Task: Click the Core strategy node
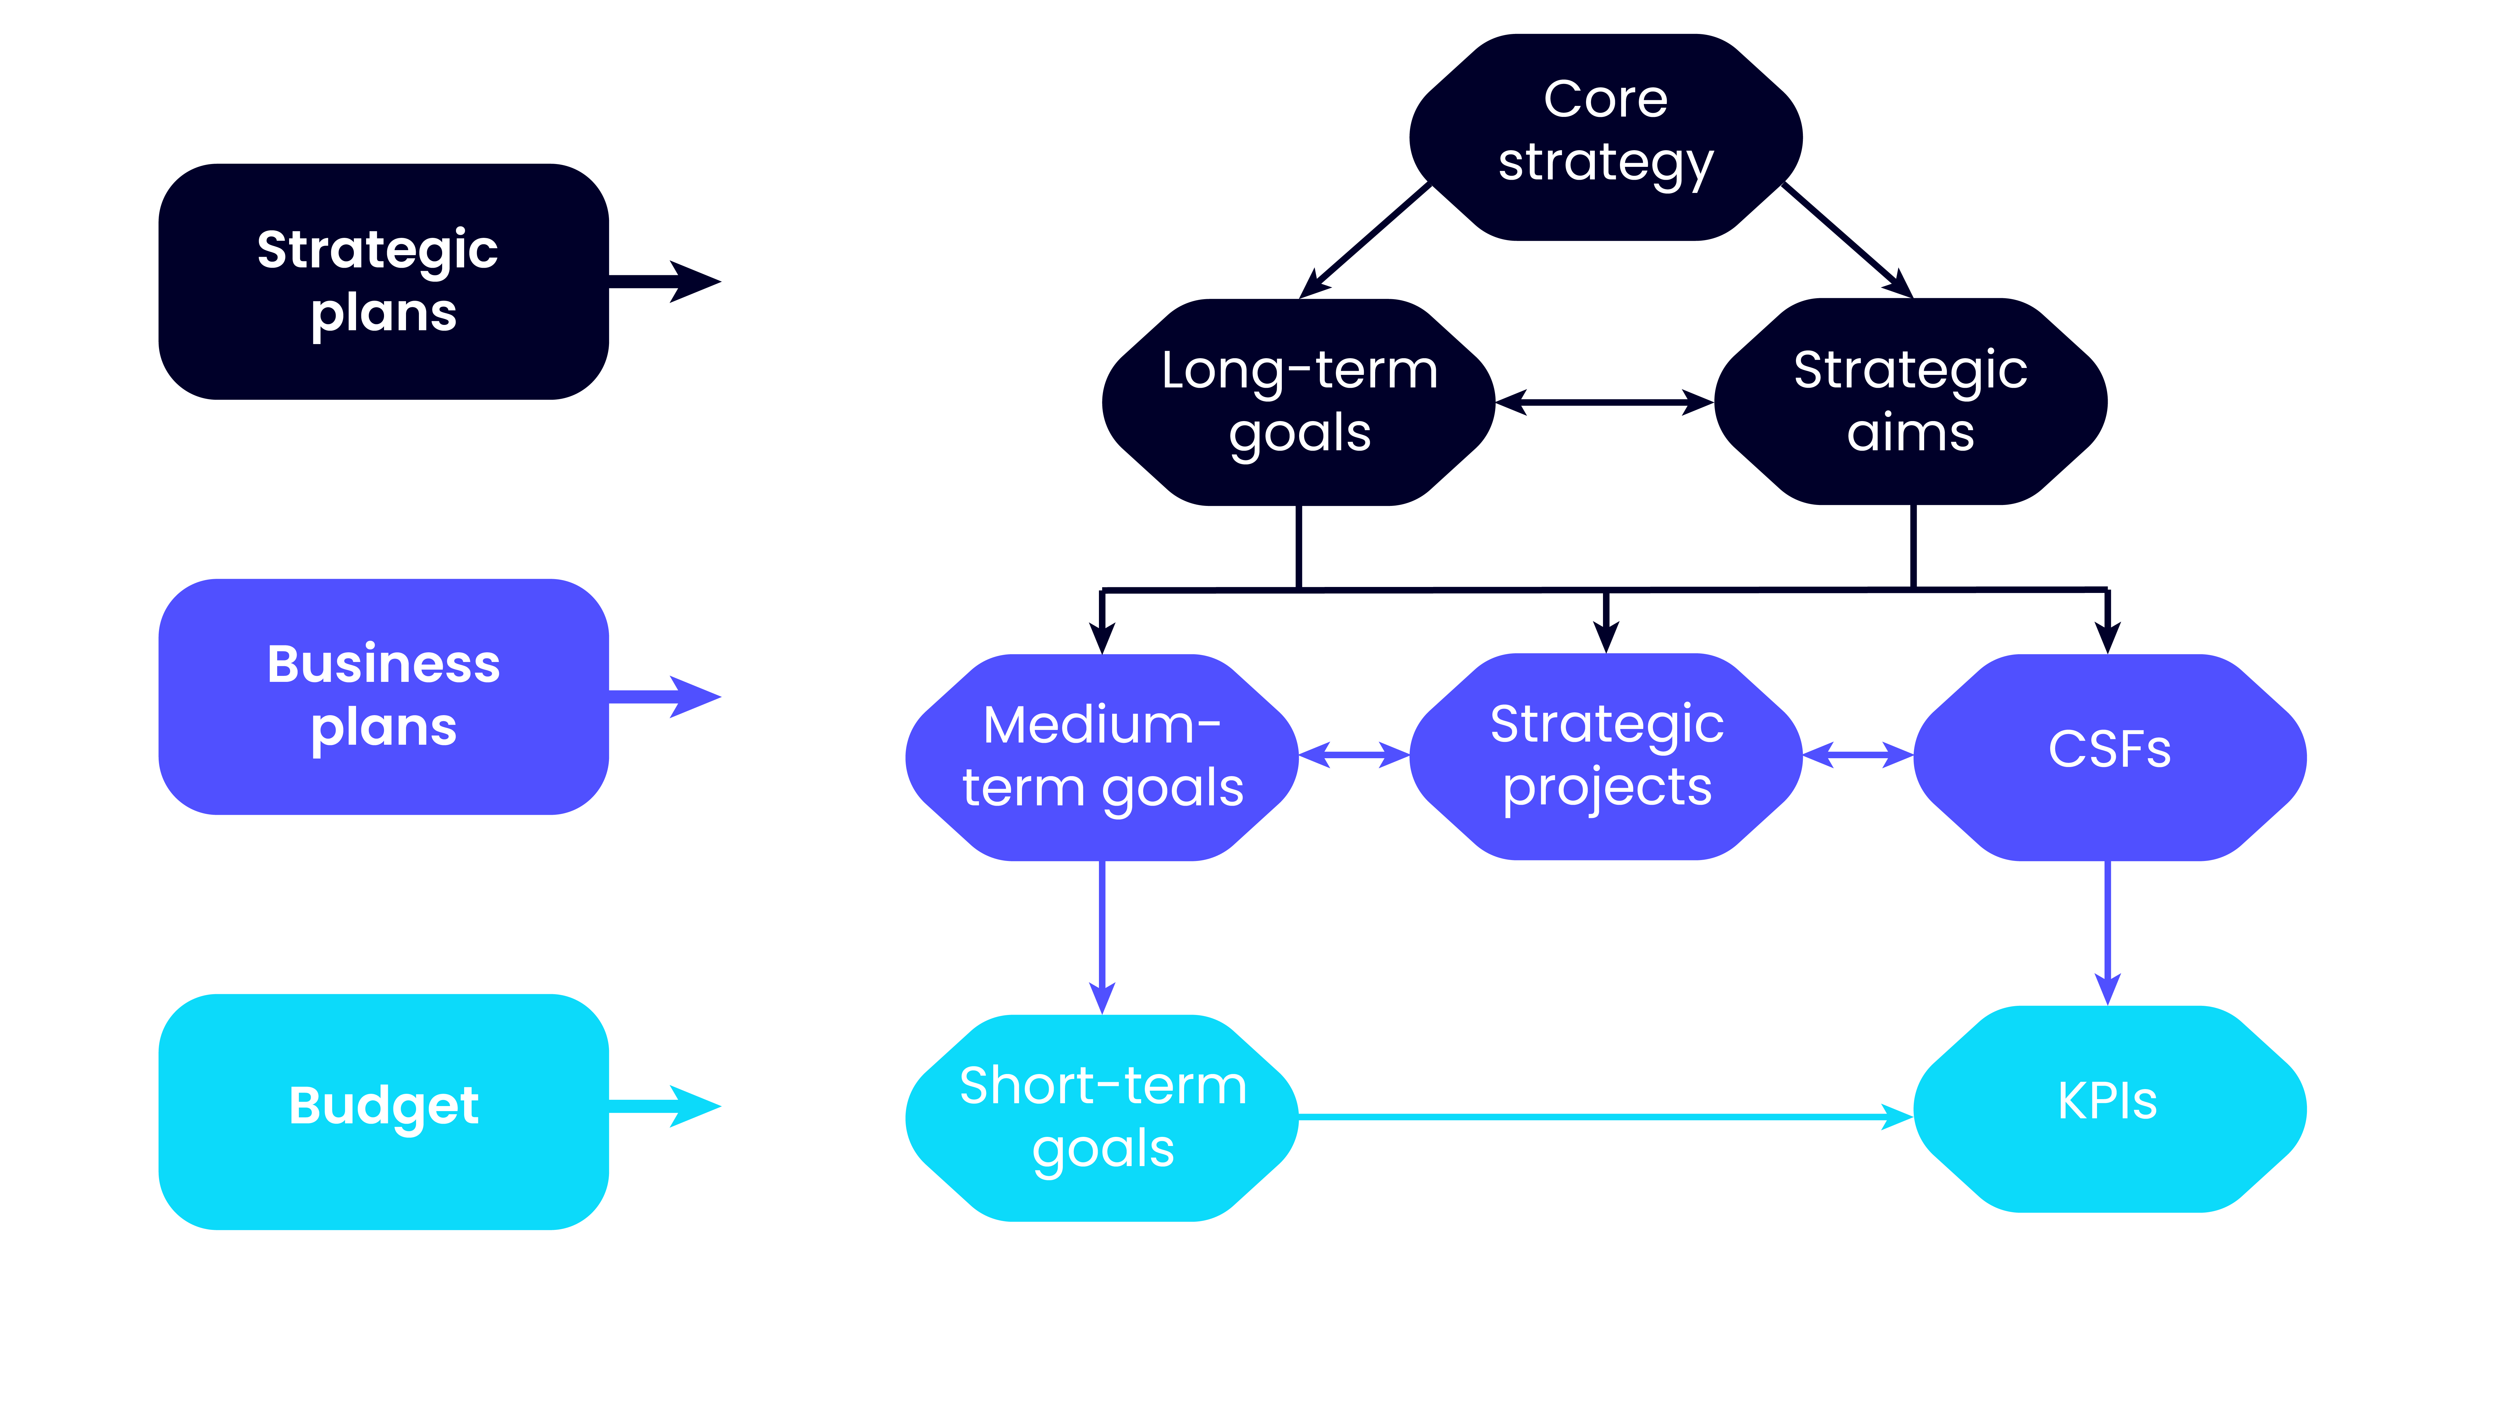(x=1606, y=137)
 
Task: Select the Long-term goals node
(x=1299, y=402)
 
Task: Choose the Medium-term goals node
(x=1102, y=757)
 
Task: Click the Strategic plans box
(x=383, y=281)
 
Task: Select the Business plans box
(x=383, y=697)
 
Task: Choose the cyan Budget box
(x=383, y=1111)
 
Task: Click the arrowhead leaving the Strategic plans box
(x=695, y=282)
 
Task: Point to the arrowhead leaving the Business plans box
(x=695, y=697)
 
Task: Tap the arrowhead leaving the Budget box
(x=695, y=1107)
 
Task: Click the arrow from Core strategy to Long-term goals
(x=1366, y=240)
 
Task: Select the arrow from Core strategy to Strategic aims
(x=1847, y=240)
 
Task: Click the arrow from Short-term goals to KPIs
(x=1606, y=1116)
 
